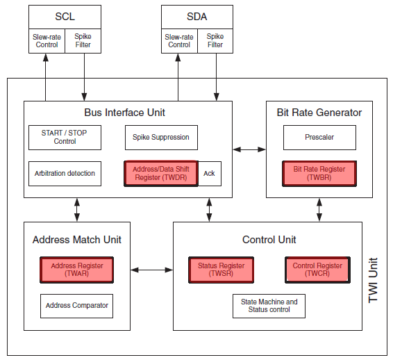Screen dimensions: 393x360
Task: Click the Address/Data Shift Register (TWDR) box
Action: (x=161, y=173)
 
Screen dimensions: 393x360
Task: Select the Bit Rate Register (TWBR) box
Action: (x=319, y=173)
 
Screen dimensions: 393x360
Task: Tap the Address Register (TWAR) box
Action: (x=76, y=270)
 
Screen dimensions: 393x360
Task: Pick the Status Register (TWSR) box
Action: (x=221, y=270)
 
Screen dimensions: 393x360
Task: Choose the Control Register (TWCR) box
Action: (x=317, y=270)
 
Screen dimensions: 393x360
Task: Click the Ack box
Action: (x=210, y=174)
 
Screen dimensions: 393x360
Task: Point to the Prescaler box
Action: (x=319, y=138)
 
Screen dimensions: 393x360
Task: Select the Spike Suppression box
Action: (x=161, y=138)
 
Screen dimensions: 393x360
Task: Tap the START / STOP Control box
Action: (x=65, y=138)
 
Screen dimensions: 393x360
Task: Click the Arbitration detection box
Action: (x=65, y=174)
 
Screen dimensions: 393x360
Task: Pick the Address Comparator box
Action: (x=76, y=306)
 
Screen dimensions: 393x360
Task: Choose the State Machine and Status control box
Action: (x=269, y=306)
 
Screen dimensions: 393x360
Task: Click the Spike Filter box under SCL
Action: (x=83, y=41)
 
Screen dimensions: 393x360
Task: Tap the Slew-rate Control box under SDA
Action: (x=179, y=41)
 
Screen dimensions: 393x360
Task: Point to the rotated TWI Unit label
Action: (x=373, y=280)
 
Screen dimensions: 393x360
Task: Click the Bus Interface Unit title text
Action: (x=124, y=113)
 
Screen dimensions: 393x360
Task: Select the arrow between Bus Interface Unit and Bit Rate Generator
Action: (x=249, y=149)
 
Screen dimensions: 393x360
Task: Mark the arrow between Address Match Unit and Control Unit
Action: (x=151, y=270)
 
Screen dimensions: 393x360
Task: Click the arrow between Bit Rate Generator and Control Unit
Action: (x=319, y=210)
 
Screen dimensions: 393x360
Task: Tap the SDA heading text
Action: (x=197, y=17)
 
